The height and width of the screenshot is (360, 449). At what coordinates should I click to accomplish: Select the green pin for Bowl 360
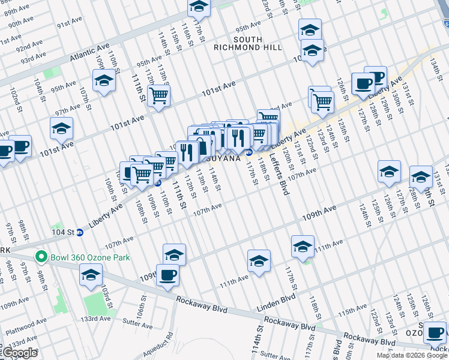coord(41,258)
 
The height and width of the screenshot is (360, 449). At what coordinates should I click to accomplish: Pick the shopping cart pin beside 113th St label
coord(158,95)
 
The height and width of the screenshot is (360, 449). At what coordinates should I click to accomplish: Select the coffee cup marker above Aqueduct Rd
coord(167,275)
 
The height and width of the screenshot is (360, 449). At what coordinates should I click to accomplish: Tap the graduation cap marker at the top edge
coord(198,7)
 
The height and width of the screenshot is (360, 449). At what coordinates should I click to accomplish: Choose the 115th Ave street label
coord(352,313)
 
